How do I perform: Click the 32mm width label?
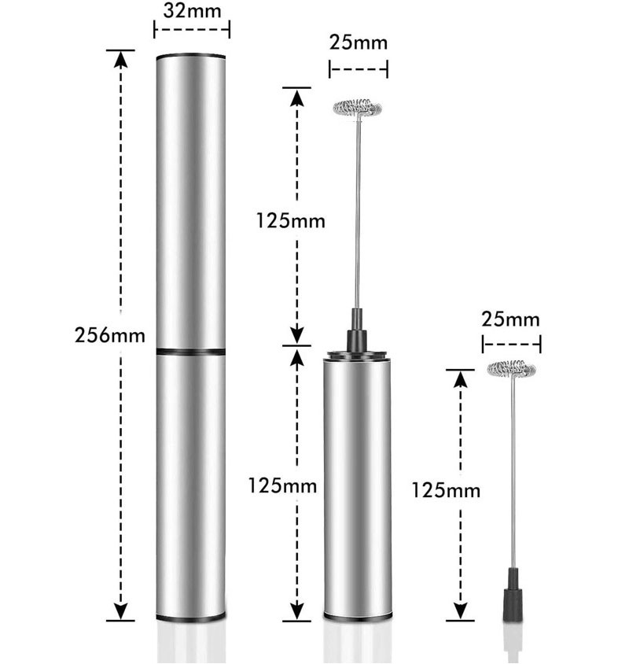click(192, 11)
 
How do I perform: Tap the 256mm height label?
click(109, 335)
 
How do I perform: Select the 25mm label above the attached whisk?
click(358, 42)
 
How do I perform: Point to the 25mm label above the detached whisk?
click(510, 319)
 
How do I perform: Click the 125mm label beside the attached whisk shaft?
click(290, 221)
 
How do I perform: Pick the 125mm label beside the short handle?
click(282, 485)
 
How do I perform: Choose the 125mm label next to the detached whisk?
click(446, 490)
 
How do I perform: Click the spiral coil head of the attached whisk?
click(358, 108)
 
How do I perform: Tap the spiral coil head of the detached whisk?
click(511, 368)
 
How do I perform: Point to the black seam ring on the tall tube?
click(190, 352)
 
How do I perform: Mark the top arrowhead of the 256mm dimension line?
click(121, 59)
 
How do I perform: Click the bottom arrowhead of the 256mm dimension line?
click(121, 612)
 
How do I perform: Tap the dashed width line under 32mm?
click(192, 30)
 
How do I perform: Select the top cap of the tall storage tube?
click(190, 57)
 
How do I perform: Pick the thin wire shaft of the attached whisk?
click(358, 212)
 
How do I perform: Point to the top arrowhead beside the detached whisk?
click(460, 378)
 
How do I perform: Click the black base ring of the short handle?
click(358, 617)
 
